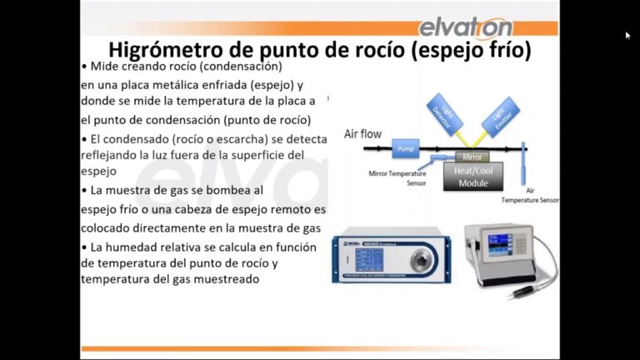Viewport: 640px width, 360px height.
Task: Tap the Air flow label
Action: (x=364, y=133)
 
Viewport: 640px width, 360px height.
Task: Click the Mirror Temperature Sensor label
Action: (x=397, y=177)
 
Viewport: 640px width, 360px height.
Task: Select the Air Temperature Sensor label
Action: (x=530, y=197)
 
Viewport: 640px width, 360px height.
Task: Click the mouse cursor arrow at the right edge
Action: (x=627, y=35)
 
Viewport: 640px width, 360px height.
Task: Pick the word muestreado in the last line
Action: (x=222, y=280)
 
